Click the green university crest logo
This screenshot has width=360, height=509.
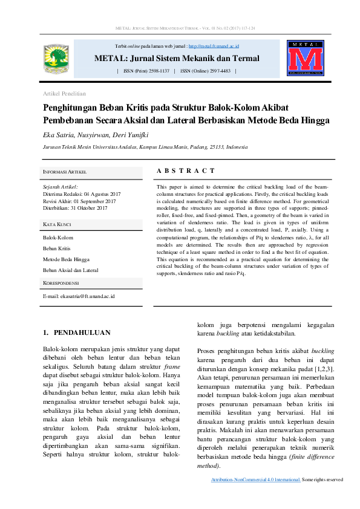point(58,59)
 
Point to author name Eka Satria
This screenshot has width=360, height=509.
point(57,134)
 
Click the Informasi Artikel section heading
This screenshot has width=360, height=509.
point(65,172)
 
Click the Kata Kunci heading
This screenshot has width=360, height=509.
point(57,224)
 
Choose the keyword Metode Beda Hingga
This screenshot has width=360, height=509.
point(65,259)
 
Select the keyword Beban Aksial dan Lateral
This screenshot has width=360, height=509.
point(70,270)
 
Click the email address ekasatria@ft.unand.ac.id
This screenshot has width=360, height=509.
point(79,296)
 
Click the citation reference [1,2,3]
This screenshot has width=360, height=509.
point(325,368)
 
